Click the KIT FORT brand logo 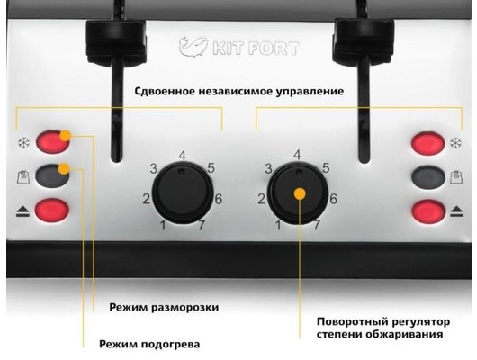pyautogui.click(x=239, y=47)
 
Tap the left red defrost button pyautogui.click(x=52, y=141)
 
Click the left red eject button pyautogui.click(x=52, y=210)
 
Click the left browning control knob pyautogui.click(x=182, y=192)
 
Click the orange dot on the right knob pyautogui.click(x=301, y=193)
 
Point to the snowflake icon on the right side pyautogui.click(x=455, y=143)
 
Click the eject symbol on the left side pyautogui.click(x=22, y=211)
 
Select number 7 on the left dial pyautogui.click(x=202, y=225)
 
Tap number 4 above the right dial pyautogui.click(x=297, y=155)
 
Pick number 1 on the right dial pyautogui.click(x=278, y=226)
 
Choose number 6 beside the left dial pyautogui.click(x=219, y=199)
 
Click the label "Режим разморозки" pyautogui.click(x=164, y=307)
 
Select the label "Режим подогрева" pyautogui.click(x=149, y=344)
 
